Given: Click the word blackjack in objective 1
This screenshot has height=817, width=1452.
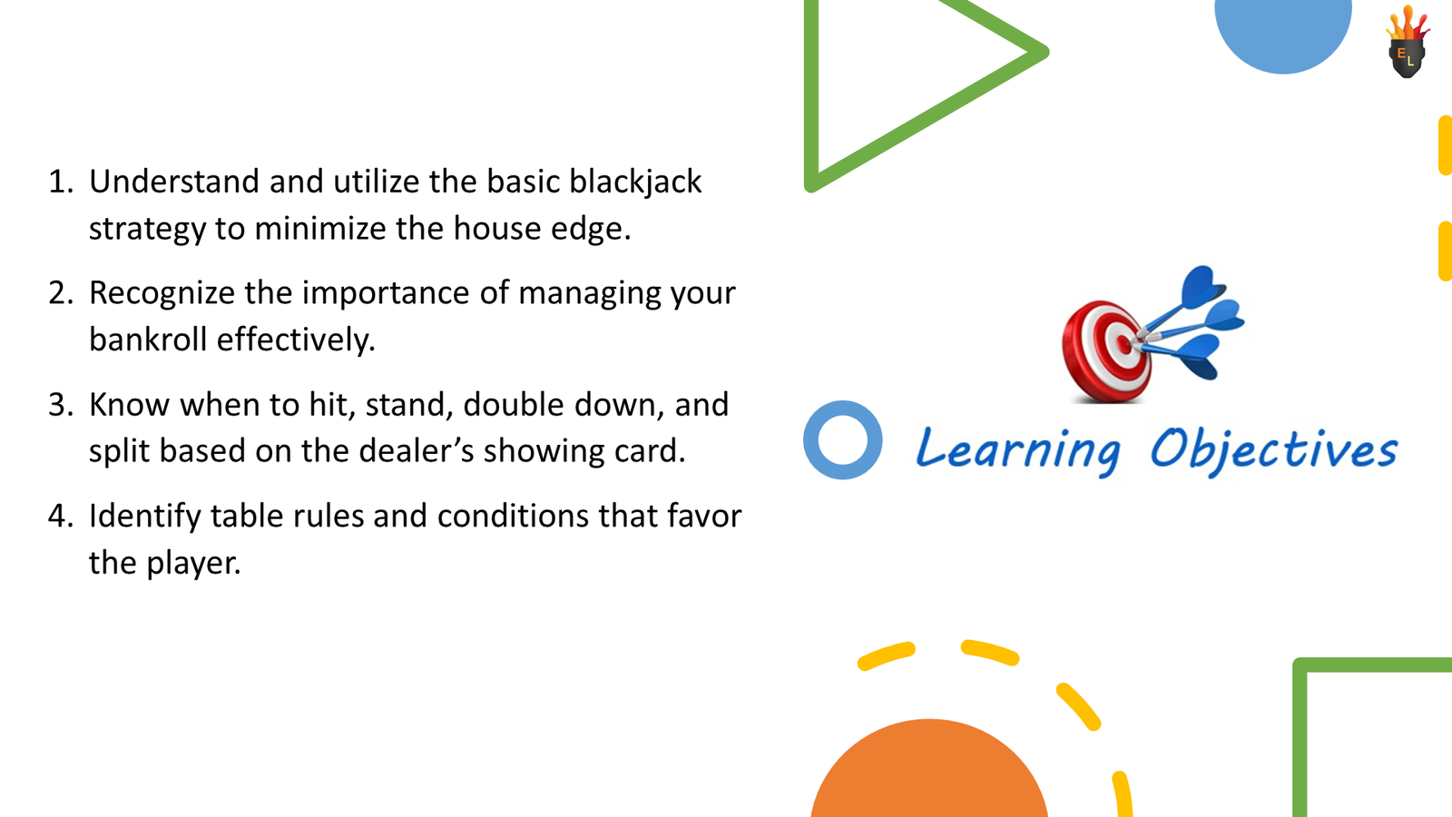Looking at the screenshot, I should tap(634, 182).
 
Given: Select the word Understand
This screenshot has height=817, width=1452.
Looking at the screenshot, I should tap(174, 182).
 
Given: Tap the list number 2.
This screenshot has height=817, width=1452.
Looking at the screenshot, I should tap(60, 293).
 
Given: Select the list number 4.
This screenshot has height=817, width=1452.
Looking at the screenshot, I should tap(60, 517).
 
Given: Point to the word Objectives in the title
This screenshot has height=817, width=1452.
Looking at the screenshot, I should tap(1272, 449).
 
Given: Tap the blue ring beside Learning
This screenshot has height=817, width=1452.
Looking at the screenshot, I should tap(842, 440).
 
